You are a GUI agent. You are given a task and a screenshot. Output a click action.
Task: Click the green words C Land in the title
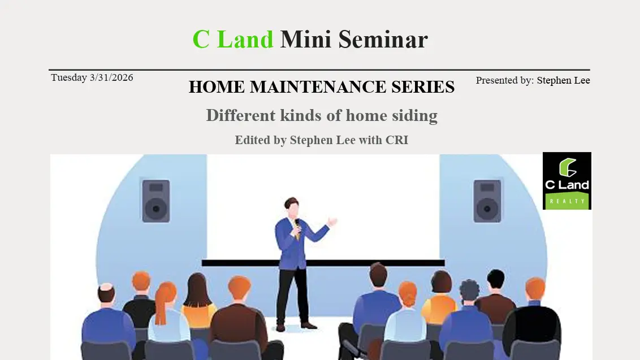click(232, 40)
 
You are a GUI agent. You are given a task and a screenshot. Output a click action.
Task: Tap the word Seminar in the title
click(383, 40)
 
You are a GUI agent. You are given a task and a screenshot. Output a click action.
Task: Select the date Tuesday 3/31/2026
click(92, 77)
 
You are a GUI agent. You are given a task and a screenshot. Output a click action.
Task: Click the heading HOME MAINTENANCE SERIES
click(321, 87)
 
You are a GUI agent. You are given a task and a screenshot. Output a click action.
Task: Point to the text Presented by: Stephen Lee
click(533, 80)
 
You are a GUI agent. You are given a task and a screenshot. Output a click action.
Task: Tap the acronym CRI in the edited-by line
click(396, 140)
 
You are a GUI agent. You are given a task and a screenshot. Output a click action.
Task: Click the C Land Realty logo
click(567, 181)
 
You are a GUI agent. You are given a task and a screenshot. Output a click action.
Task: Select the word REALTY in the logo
click(567, 201)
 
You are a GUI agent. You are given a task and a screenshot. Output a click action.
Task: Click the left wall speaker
click(155, 200)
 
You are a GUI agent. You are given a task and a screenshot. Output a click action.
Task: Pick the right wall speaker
click(487, 200)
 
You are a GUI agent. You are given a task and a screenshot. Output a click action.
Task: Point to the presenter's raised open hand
click(332, 222)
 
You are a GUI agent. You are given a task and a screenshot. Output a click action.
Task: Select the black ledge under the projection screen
click(323, 263)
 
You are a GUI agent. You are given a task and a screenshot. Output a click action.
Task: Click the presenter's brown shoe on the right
click(309, 325)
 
